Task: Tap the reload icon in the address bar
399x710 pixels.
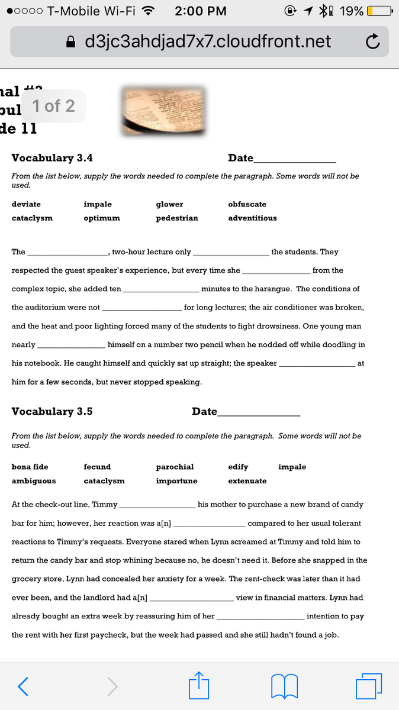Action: (x=372, y=42)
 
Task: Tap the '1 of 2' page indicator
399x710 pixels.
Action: (x=53, y=106)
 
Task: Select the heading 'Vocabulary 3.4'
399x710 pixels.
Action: (x=52, y=158)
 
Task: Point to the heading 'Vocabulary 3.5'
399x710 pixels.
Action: (x=52, y=412)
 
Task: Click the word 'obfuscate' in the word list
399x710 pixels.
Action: (x=247, y=204)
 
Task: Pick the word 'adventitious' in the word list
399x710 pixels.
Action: (x=252, y=218)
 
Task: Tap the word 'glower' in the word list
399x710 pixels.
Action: (x=169, y=204)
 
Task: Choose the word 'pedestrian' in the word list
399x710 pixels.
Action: (x=177, y=218)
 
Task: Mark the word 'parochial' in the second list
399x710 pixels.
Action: (x=175, y=467)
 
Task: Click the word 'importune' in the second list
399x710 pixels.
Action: (x=176, y=481)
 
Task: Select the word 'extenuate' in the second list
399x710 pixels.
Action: (x=247, y=481)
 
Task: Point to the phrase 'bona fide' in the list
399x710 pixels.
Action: (x=30, y=467)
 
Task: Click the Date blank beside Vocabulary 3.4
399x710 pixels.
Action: (x=295, y=160)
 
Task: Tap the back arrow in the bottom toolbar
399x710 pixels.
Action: (x=22, y=686)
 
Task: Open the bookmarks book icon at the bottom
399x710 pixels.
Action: (x=284, y=686)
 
